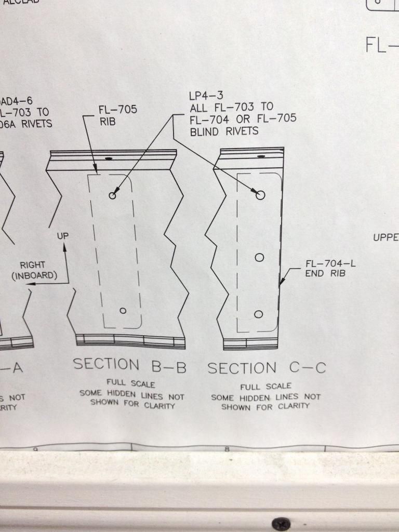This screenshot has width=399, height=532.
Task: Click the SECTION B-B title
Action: point(129,365)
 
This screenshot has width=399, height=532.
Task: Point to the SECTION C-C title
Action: point(267,368)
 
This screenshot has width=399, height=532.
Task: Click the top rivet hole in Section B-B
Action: point(112,195)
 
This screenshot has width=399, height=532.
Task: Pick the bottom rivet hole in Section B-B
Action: point(123,311)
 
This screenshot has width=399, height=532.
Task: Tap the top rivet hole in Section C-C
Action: point(260,195)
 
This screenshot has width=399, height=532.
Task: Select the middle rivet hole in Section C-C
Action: point(260,257)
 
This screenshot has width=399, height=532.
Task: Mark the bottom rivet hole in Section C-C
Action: point(259,314)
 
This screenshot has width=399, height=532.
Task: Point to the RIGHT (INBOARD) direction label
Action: point(35,270)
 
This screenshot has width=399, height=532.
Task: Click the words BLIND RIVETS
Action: point(224,131)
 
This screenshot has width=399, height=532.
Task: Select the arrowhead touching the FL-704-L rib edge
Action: point(282,284)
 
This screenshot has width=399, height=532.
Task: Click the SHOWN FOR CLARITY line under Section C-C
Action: point(265,406)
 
